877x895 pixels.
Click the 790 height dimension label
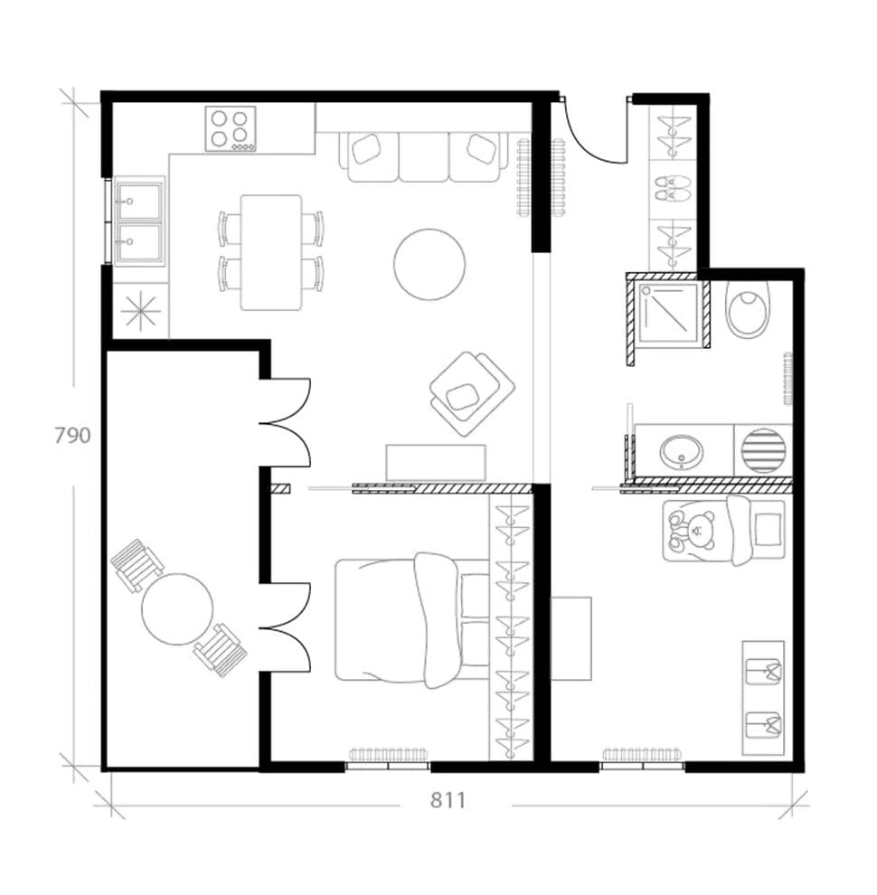72,436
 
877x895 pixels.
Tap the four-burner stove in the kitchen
231,128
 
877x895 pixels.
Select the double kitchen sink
139,221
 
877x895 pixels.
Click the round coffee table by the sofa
429,264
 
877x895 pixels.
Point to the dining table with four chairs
271,252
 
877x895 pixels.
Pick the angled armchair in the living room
470,391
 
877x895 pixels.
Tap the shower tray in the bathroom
669,313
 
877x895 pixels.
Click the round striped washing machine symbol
762,450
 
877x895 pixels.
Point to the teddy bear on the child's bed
693,532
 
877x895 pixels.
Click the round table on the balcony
177,608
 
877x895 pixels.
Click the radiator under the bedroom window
389,755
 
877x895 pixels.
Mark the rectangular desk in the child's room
571,638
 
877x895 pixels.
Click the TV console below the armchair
436,462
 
